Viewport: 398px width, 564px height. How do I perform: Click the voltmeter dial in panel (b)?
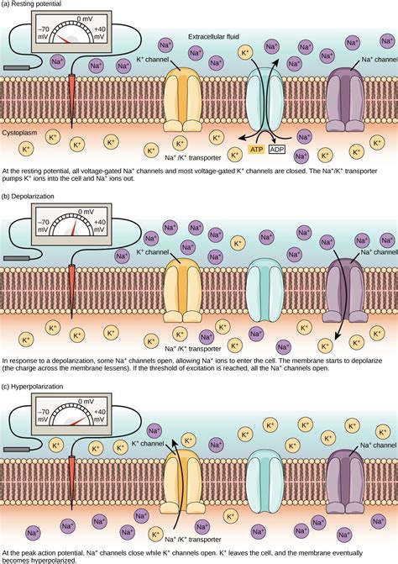(x=74, y=225)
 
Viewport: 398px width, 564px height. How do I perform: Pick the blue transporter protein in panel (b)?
(x=267, y=289)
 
